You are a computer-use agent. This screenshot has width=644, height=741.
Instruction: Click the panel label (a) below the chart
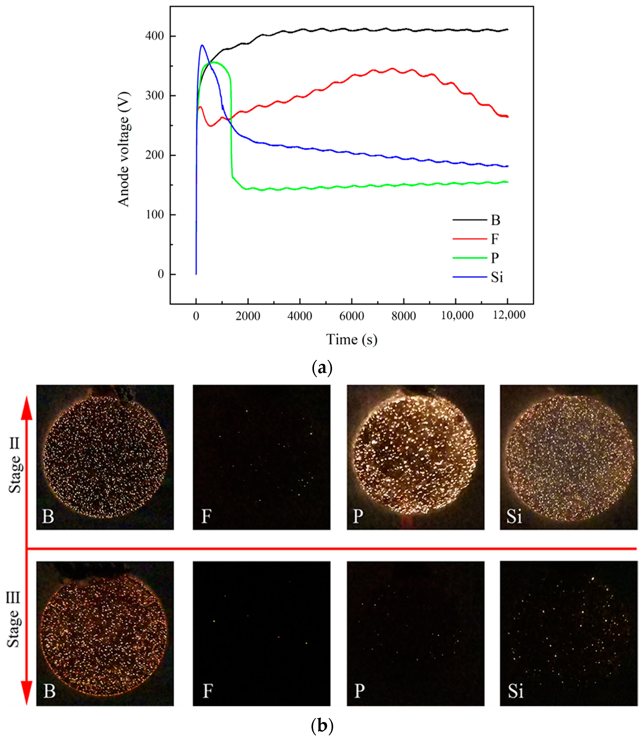point(322,368)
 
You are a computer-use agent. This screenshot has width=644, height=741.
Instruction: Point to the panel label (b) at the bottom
point(322,726)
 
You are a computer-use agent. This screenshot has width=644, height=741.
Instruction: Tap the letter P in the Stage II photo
point(358,516)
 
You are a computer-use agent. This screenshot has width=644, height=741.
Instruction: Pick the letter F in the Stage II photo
point(206,516)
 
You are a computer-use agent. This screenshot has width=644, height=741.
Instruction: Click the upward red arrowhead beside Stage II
point(27,408)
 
